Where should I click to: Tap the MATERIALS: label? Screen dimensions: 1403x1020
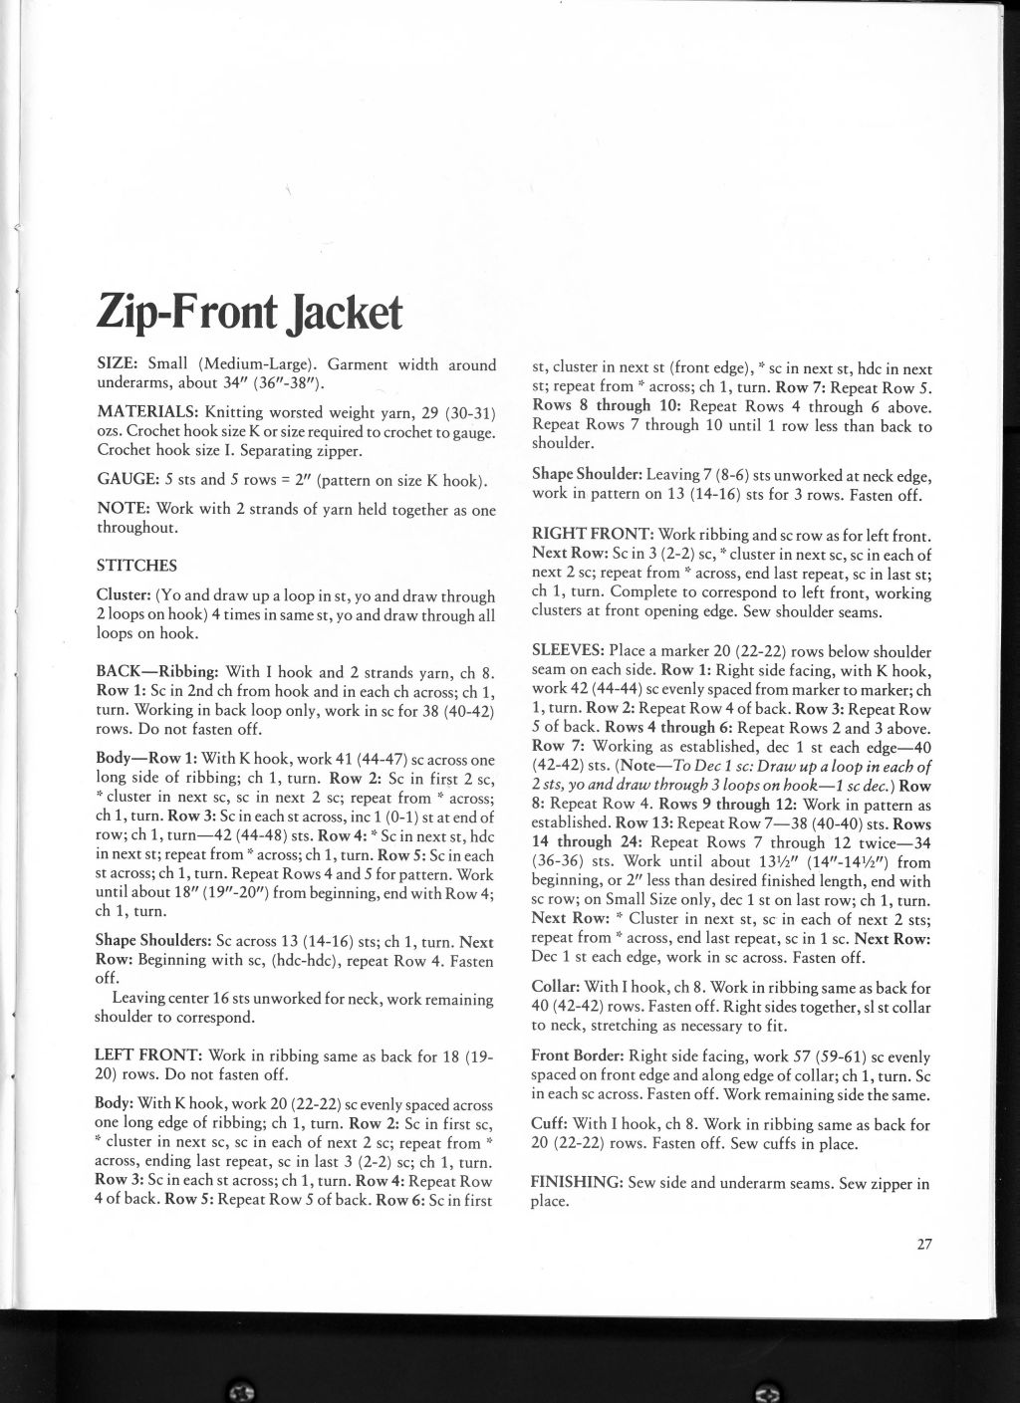[x=145, y=412]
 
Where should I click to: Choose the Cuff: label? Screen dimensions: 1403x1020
[x=550, y=1125]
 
